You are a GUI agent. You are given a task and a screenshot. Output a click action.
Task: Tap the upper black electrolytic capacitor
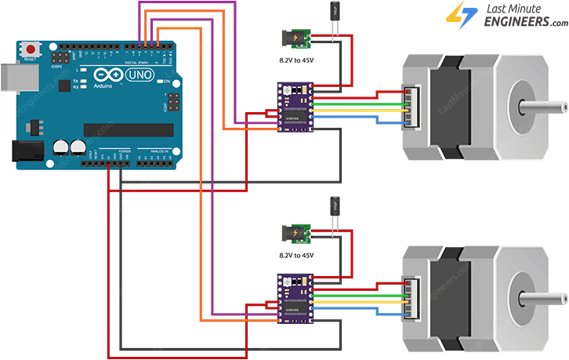[x=335, y=13]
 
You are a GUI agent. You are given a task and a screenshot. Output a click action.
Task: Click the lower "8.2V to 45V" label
[x=296, y=255]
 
